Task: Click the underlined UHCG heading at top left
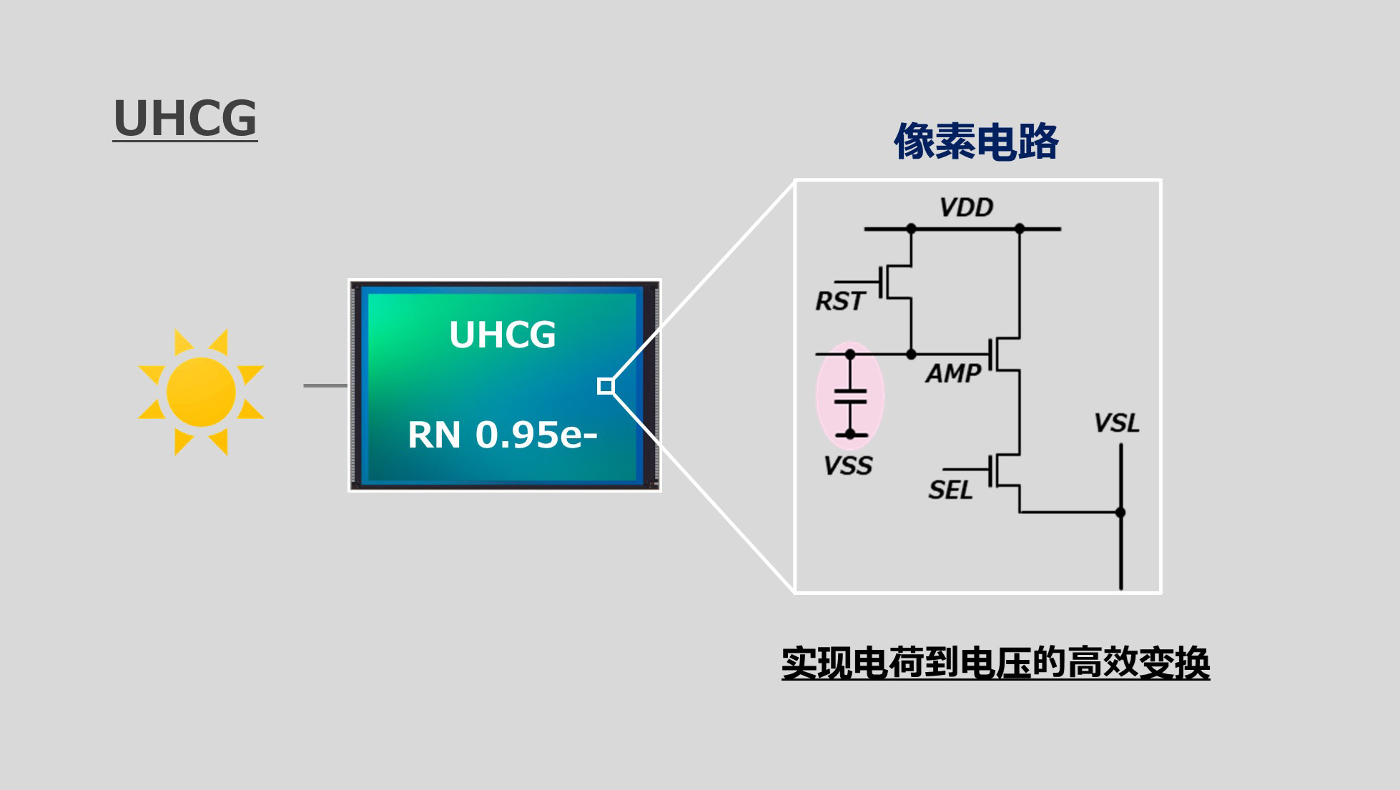(185, 119)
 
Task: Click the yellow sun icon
(201, 392)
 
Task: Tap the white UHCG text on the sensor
(502, 335)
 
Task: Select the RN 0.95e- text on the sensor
(502, 435)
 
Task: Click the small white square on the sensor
(606, 386)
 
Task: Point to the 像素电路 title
(976, 141)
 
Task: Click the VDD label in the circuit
(967, 207)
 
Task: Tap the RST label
(841, 301)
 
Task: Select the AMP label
(954, 373)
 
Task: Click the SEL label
(950, 490)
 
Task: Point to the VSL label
(1117, 423)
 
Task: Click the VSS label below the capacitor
(848, 466)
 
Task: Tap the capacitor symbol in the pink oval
(850, 395)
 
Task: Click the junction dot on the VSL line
(1120, 512)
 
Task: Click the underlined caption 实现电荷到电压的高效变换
(995, 663)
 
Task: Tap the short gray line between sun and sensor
(325, 385)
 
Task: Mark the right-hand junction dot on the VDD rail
(1020, 229)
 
